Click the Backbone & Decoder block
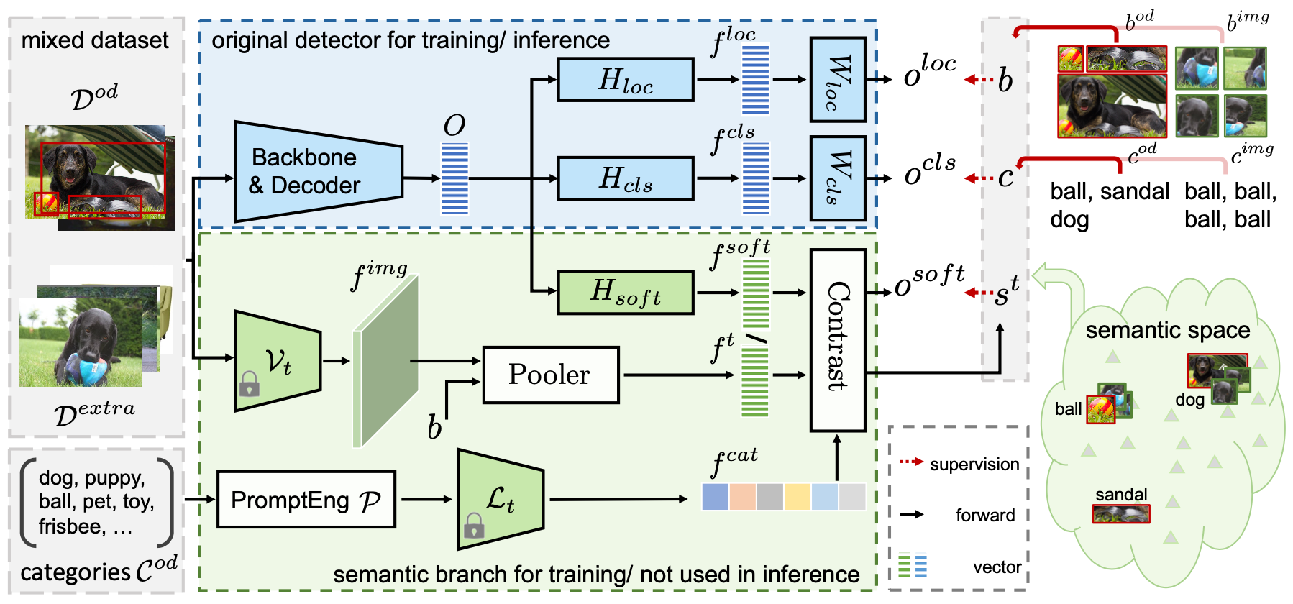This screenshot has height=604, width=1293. click(316, 171)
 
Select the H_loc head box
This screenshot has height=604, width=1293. click(626, 80)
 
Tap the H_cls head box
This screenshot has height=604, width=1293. click(626, 178)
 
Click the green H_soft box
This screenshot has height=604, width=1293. click(626, 293)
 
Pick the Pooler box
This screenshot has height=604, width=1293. click(550, 375)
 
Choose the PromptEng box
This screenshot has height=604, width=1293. click(306, 500)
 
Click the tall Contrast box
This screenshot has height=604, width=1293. click(838, 339)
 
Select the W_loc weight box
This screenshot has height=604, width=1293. click(838, 79)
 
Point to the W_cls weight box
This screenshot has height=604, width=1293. click(838, 178)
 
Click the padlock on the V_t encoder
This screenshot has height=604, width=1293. click(249, 384)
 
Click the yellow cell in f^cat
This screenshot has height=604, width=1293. click(797, 497)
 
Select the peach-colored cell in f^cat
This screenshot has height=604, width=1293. click(742, 497)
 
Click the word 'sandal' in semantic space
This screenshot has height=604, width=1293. click(1121, 494)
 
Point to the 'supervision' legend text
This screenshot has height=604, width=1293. click(974, 465)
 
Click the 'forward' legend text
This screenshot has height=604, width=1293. click(985, 516)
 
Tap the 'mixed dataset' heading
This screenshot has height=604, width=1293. click(95, 40)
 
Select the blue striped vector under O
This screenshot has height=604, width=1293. click(454, 178)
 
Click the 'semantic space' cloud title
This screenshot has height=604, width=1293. click(1167, 330)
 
